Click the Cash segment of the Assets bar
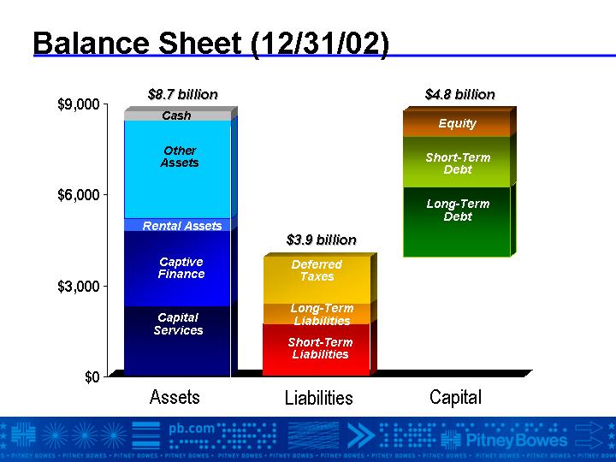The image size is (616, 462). pos(178,115)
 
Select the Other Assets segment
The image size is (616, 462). pos(178,169)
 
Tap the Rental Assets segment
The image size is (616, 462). pos(178,225)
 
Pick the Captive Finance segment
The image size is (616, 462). pos(178,269)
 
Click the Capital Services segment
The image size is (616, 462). pos(178,341)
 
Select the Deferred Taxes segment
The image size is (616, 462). pos(317,280)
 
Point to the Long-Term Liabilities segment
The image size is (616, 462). pos(317,314)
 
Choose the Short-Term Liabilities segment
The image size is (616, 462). pos(317,350)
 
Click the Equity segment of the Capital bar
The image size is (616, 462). pos(457,124)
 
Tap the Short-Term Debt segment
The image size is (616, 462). pos(457,162)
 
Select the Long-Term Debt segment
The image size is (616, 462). pos(457,222)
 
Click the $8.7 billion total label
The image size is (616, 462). pos(183,95)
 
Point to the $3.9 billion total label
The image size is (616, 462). pos(322,240)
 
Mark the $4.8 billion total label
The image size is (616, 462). pos(460,95)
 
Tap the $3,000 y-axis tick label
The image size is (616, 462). pos(78,287)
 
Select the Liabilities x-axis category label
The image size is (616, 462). pos(318,398)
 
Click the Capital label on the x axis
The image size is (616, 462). pos(455,397)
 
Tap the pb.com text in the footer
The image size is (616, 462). pos(192,429)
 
